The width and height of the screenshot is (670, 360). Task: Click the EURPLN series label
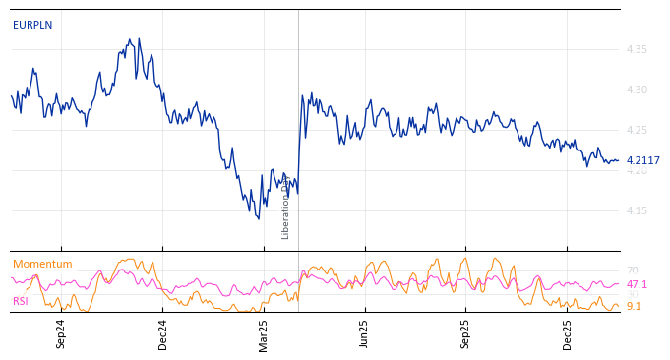click(x=32, y=26)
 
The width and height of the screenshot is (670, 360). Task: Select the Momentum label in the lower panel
click(x=42, y=265)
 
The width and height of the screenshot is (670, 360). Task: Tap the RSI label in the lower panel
click(x=21, y=302)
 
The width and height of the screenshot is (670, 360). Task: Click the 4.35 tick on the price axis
click(x=637, y=49)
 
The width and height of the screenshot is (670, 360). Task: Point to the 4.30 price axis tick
click(x=637, y=90)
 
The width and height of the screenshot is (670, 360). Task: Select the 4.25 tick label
click(x=637, y=130)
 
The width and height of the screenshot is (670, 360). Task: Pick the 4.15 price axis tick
click(x=637, y=210)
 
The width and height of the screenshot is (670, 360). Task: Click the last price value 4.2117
click(x=643, y=161)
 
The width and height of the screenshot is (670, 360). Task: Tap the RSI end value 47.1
click(x=637, y=285)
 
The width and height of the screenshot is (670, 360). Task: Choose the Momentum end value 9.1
click(x=634, y=307)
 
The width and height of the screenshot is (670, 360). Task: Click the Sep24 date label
click(x=61, y=333)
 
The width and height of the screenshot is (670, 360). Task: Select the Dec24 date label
click(x=163, y=333)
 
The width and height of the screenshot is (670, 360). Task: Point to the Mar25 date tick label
click(x=264, y=333)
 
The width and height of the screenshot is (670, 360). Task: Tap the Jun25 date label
click(x=365, y=333)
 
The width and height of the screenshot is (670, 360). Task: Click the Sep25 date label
click(x=466, y=333)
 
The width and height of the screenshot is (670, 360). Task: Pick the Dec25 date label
click(x=568, y=333)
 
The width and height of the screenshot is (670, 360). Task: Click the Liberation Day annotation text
click(x=286, y=209)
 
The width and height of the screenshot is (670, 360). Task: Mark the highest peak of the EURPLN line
click(x=139, y=39)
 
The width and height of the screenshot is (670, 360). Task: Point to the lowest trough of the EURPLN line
click(x=256, y=218)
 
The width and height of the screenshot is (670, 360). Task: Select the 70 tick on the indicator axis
click(x=632, y=271)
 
